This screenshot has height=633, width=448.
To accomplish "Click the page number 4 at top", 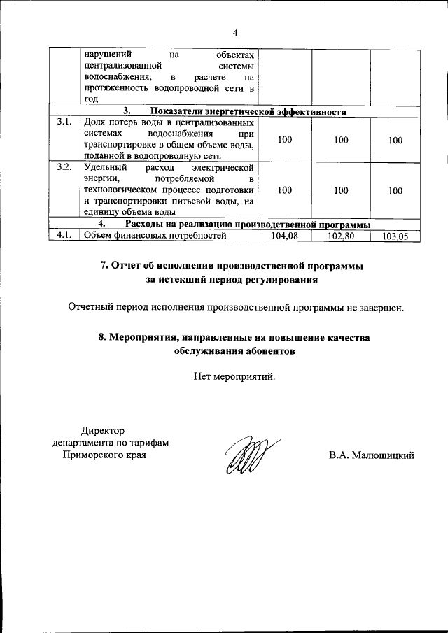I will (235, 32).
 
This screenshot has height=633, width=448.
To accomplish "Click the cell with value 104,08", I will (284, 236).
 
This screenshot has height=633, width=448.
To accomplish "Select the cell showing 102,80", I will (341, 236).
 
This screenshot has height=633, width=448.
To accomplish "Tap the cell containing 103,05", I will (395, 236).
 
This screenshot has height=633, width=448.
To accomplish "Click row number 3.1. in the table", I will (64, 122).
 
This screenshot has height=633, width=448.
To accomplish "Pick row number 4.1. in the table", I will (64, 235).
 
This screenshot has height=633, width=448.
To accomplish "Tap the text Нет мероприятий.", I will (234, 377).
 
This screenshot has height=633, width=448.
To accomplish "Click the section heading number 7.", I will (104, 266).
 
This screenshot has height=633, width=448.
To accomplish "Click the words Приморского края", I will (105, 455).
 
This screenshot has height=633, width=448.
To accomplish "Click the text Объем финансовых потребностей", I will (155, 236).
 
